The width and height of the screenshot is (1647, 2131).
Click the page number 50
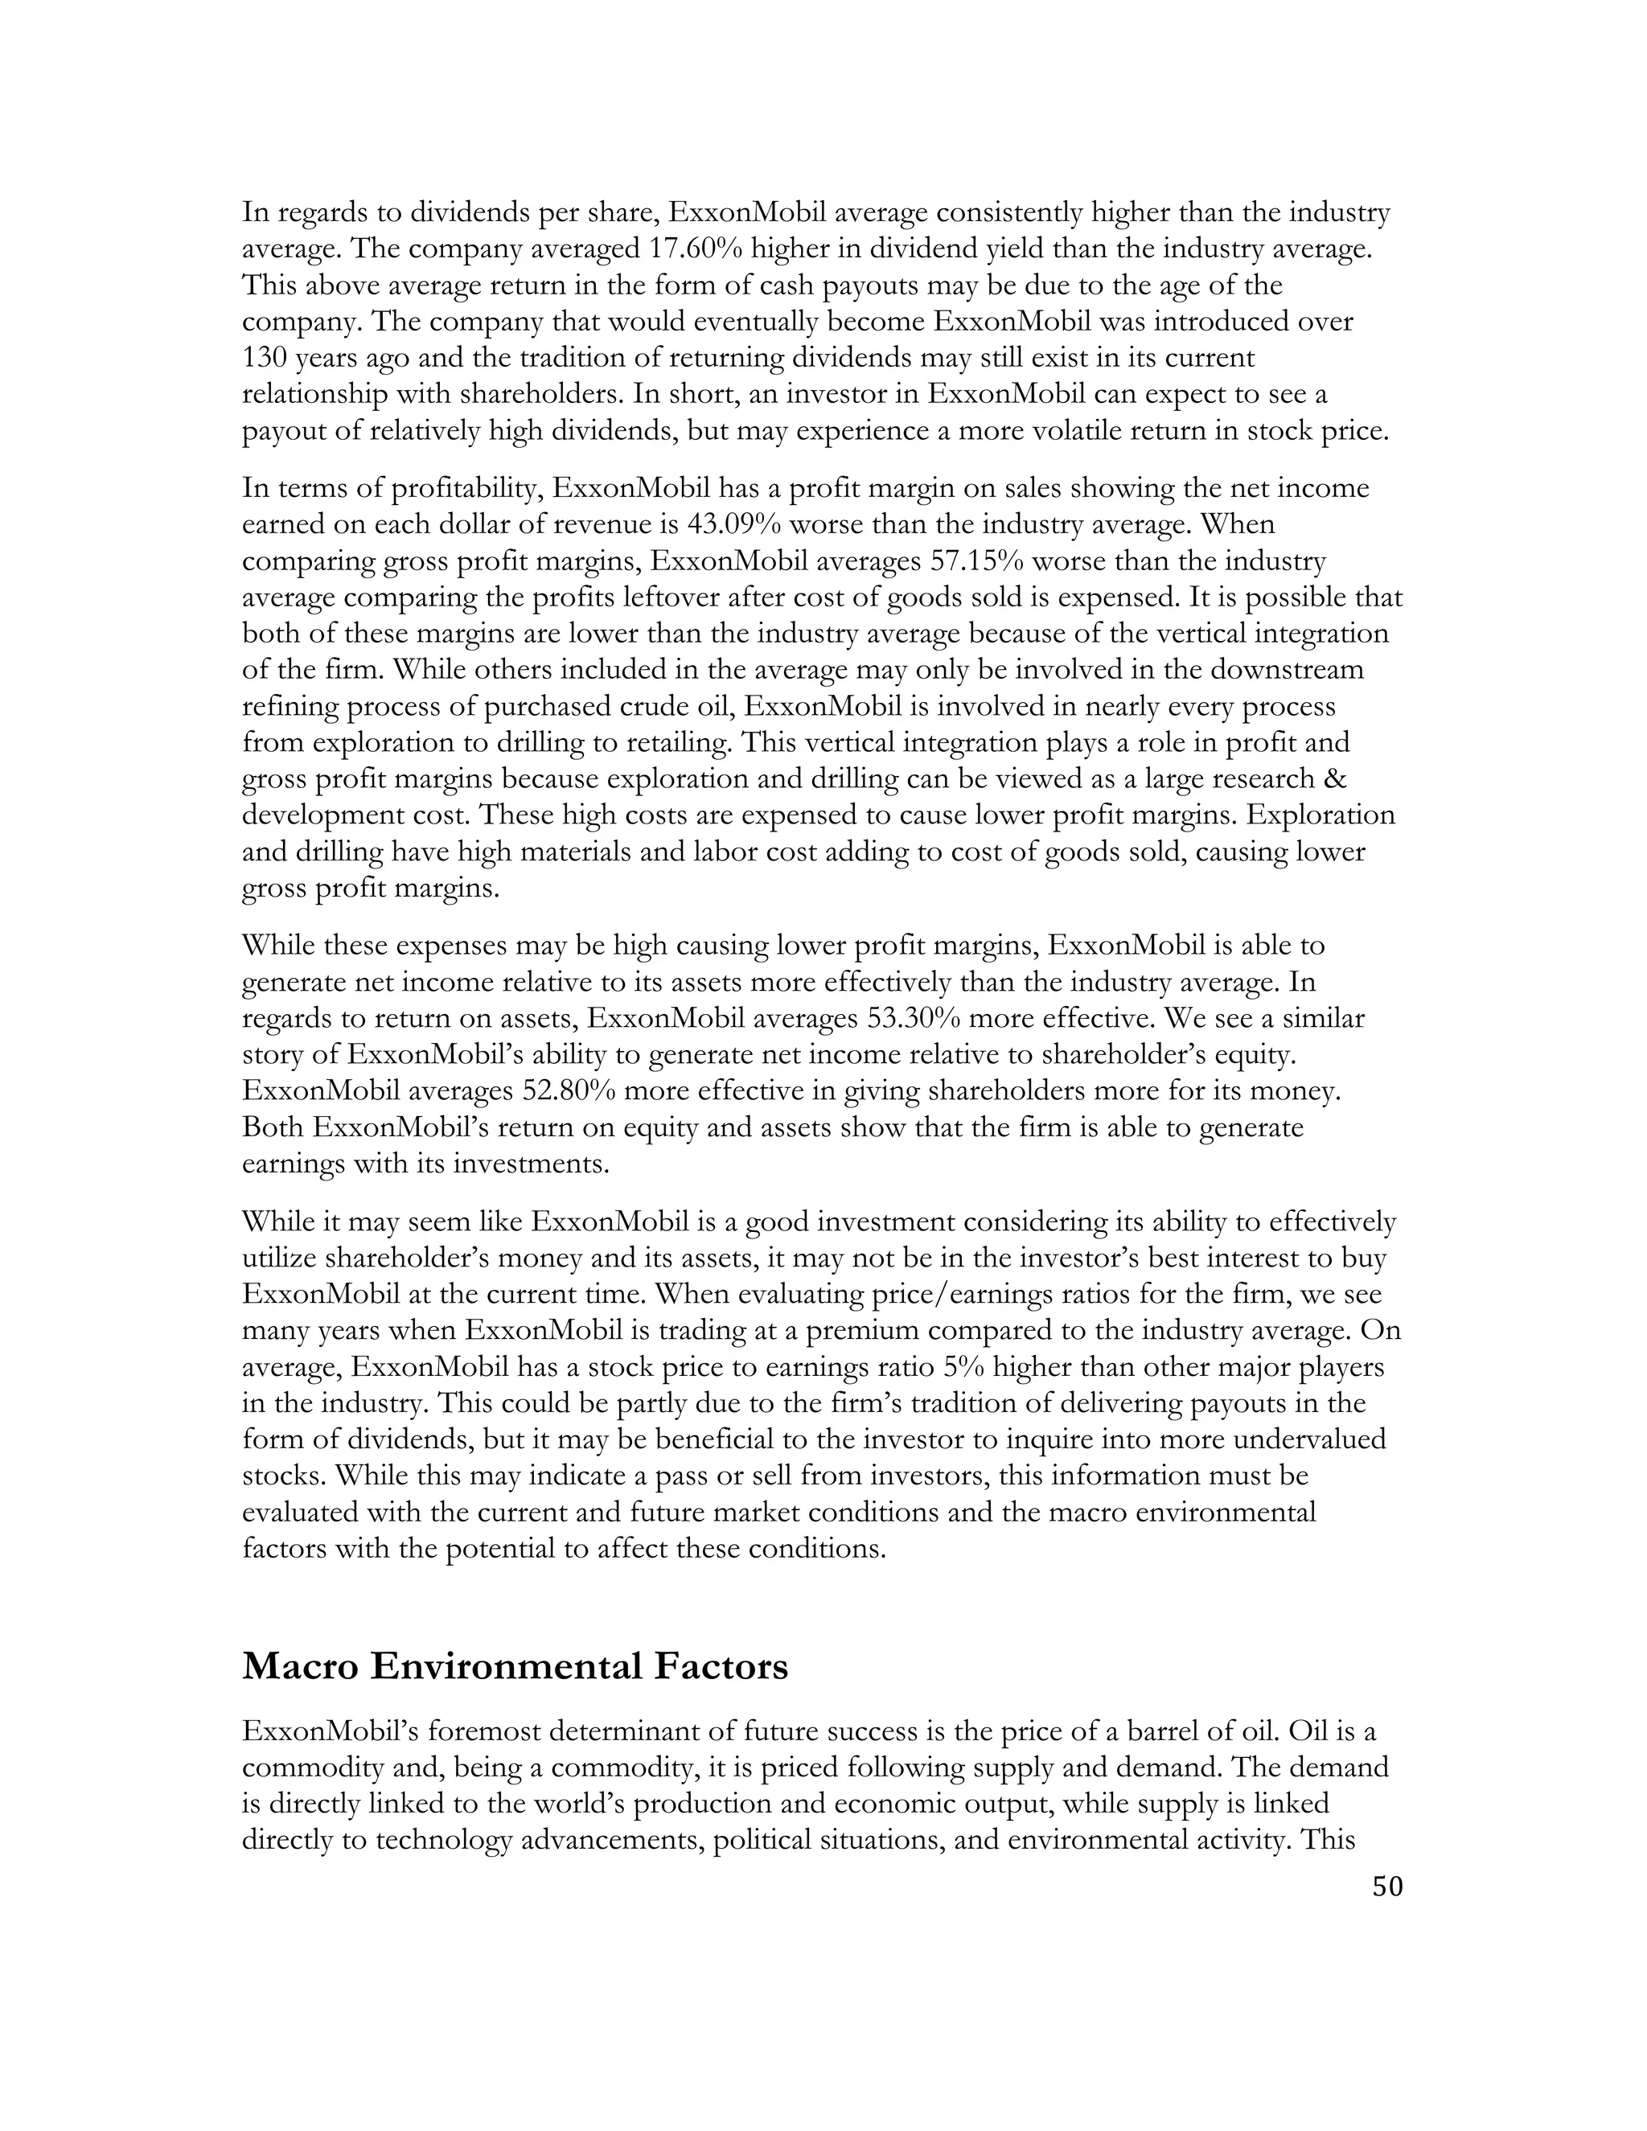coord(1386,1886)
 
